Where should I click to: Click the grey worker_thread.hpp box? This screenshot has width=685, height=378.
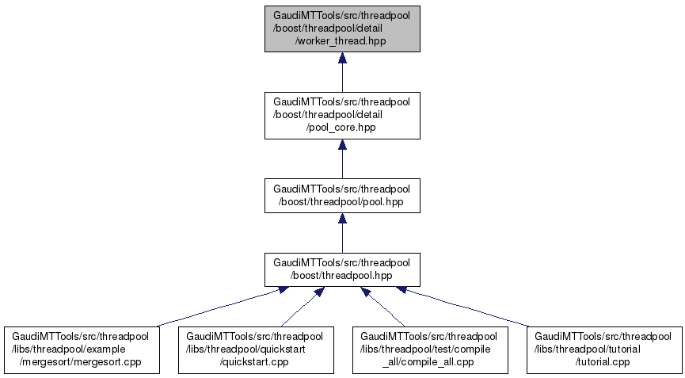coord(342,29)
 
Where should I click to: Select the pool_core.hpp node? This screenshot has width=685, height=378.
coord(342,116)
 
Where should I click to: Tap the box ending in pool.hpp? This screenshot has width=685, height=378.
coord(342,196)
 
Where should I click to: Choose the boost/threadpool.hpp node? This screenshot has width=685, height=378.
coord(342,269)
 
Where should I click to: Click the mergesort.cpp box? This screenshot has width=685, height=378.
coord(82,349)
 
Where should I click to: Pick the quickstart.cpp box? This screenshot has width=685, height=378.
coord(254,349)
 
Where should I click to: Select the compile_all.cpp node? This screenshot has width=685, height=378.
coord(429,349)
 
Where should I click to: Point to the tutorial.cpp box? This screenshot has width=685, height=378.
coord(603,349)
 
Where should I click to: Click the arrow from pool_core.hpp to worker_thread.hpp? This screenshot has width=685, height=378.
coord(342,76)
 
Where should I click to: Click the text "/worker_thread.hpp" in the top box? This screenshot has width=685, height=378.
coord(342,40)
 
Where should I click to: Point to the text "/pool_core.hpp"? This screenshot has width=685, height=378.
coord(342,128)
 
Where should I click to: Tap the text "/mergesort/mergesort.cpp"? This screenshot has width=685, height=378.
coord(82,361)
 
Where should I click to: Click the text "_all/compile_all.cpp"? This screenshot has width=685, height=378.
coord(429,361)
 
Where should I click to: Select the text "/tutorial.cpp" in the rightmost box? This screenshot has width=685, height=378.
coord(603,361)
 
